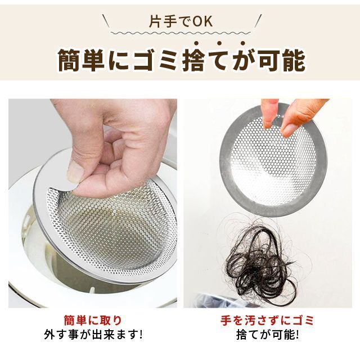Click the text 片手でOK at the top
click(181, 21)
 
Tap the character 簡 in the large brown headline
click(69, 60)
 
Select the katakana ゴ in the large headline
click(145, 60)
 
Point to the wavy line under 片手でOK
click(181, 33)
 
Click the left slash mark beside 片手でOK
click(106, 21)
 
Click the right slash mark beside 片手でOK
click(258, 21)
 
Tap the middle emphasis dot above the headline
click(219, 43)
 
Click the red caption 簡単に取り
click(93, 320)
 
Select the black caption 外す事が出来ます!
click(93, 335)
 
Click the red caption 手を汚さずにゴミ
click(267, 320)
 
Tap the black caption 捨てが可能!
click(268, 335)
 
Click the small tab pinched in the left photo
click(66, 186)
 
